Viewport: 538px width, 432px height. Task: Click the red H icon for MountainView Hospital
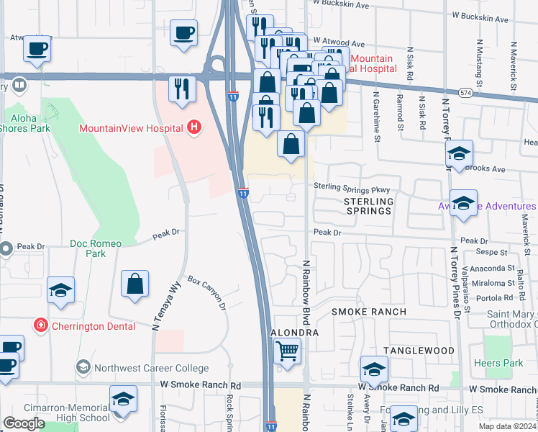[x=192, y=128]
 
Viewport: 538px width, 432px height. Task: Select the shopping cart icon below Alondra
[x=287, y=351]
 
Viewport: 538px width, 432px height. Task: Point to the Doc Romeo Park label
[x=96, y=248]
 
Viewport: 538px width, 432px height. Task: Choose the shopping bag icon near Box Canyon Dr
[x=135, y=283]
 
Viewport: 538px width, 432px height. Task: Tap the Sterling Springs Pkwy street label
[x=355, y=187]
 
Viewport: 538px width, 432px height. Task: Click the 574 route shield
[x=466, y=94]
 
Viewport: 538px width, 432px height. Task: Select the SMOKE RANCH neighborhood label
[x=368, y=312]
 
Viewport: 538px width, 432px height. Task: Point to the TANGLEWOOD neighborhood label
[x=419, y=351]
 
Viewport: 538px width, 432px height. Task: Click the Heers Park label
[x=499, y=363]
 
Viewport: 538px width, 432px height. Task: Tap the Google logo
[x=24, y=423]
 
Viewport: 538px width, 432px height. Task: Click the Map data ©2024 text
[x=506, y=426]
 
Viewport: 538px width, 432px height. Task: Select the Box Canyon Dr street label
[x=207, y=292]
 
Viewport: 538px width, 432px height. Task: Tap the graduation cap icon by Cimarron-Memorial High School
[x=123, y=399]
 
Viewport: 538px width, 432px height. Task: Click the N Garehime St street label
[x=375, y=107]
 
